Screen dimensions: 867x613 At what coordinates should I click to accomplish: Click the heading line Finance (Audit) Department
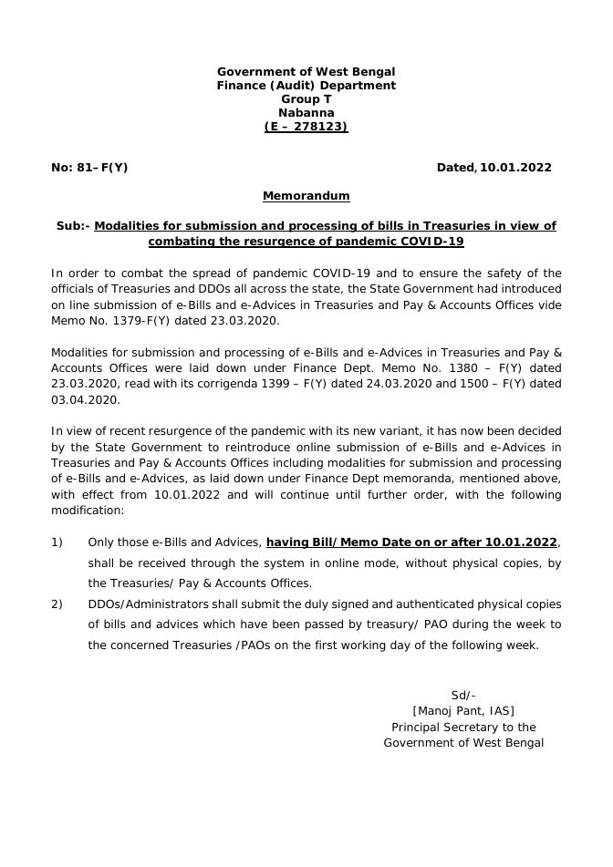pos(306,86)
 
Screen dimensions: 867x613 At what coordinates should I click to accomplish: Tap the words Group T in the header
pos(306,99)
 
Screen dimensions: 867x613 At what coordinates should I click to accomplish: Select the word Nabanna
pos(306,113)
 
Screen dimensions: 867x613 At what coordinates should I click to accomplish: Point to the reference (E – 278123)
pos(306,127)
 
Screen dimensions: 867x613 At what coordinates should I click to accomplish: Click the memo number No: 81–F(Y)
pos(89,168)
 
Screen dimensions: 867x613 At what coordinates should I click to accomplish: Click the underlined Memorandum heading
pos(306,196)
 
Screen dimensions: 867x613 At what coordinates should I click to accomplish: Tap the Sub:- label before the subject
pos(73,225)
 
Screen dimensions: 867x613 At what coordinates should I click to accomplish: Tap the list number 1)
pos(57,542)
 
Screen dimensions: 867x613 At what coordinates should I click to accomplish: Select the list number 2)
pos(57,604)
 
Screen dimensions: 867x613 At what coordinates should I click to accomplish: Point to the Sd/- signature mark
pos(463,695)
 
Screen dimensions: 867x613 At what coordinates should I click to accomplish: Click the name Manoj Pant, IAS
pos(463,711)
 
